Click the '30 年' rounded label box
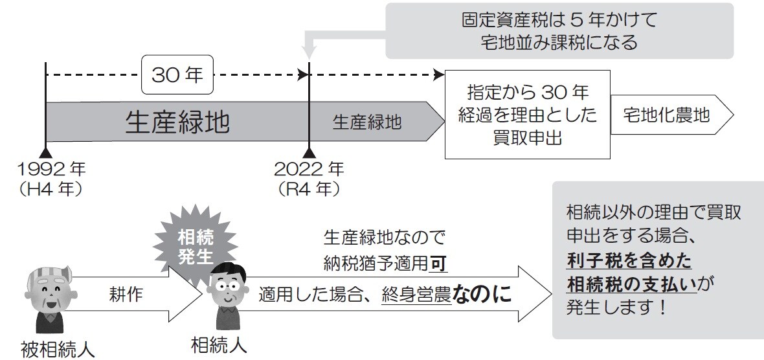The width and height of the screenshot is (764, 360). (x=177, y=76)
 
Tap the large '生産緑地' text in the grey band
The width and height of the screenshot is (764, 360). (x=177, y=122)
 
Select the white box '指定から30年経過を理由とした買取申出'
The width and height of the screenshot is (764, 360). (x=527, y=114)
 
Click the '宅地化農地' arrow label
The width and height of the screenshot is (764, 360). (x=667, y=116)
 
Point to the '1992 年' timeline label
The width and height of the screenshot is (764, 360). (x=52, y=170)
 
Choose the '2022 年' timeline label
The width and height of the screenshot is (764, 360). (x=309, y=170)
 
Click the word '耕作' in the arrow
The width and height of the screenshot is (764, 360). (x=126, y=295)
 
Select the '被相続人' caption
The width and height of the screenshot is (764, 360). (x=58, y=350)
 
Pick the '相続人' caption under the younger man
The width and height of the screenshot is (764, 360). (x=219, y=344)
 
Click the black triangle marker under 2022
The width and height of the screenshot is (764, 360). (x=309, y=152)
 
